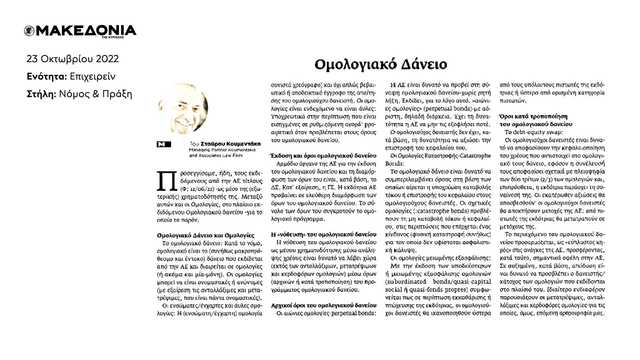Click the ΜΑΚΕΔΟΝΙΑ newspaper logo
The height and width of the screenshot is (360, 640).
click(x=80, y=31)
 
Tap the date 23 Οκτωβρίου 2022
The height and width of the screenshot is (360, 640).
click(x=73, y=59)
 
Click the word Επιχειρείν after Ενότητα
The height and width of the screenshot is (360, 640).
click(x=93, y=77)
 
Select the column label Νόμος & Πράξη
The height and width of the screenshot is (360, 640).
click(x=95, y=94)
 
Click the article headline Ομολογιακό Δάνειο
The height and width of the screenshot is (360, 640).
click(x=380, y=64)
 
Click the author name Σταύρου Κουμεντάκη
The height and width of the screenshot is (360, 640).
click(x=230, y=144)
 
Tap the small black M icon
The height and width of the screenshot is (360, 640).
click(x=164, y=144)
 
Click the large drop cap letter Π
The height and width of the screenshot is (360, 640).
click(x=167, y=182)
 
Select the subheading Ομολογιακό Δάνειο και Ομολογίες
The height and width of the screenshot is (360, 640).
click(x=205, y=236)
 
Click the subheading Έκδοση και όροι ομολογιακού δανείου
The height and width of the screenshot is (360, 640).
click(x=323, y=156)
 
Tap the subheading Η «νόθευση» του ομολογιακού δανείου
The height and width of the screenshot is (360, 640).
click(x=323, y=234)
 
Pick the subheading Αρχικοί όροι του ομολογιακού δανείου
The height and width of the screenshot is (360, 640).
click(x=323, y=305)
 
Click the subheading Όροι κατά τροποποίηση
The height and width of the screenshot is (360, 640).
click(x=533, y=117)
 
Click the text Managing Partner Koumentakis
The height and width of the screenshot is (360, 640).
click(x=222, y=150)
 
